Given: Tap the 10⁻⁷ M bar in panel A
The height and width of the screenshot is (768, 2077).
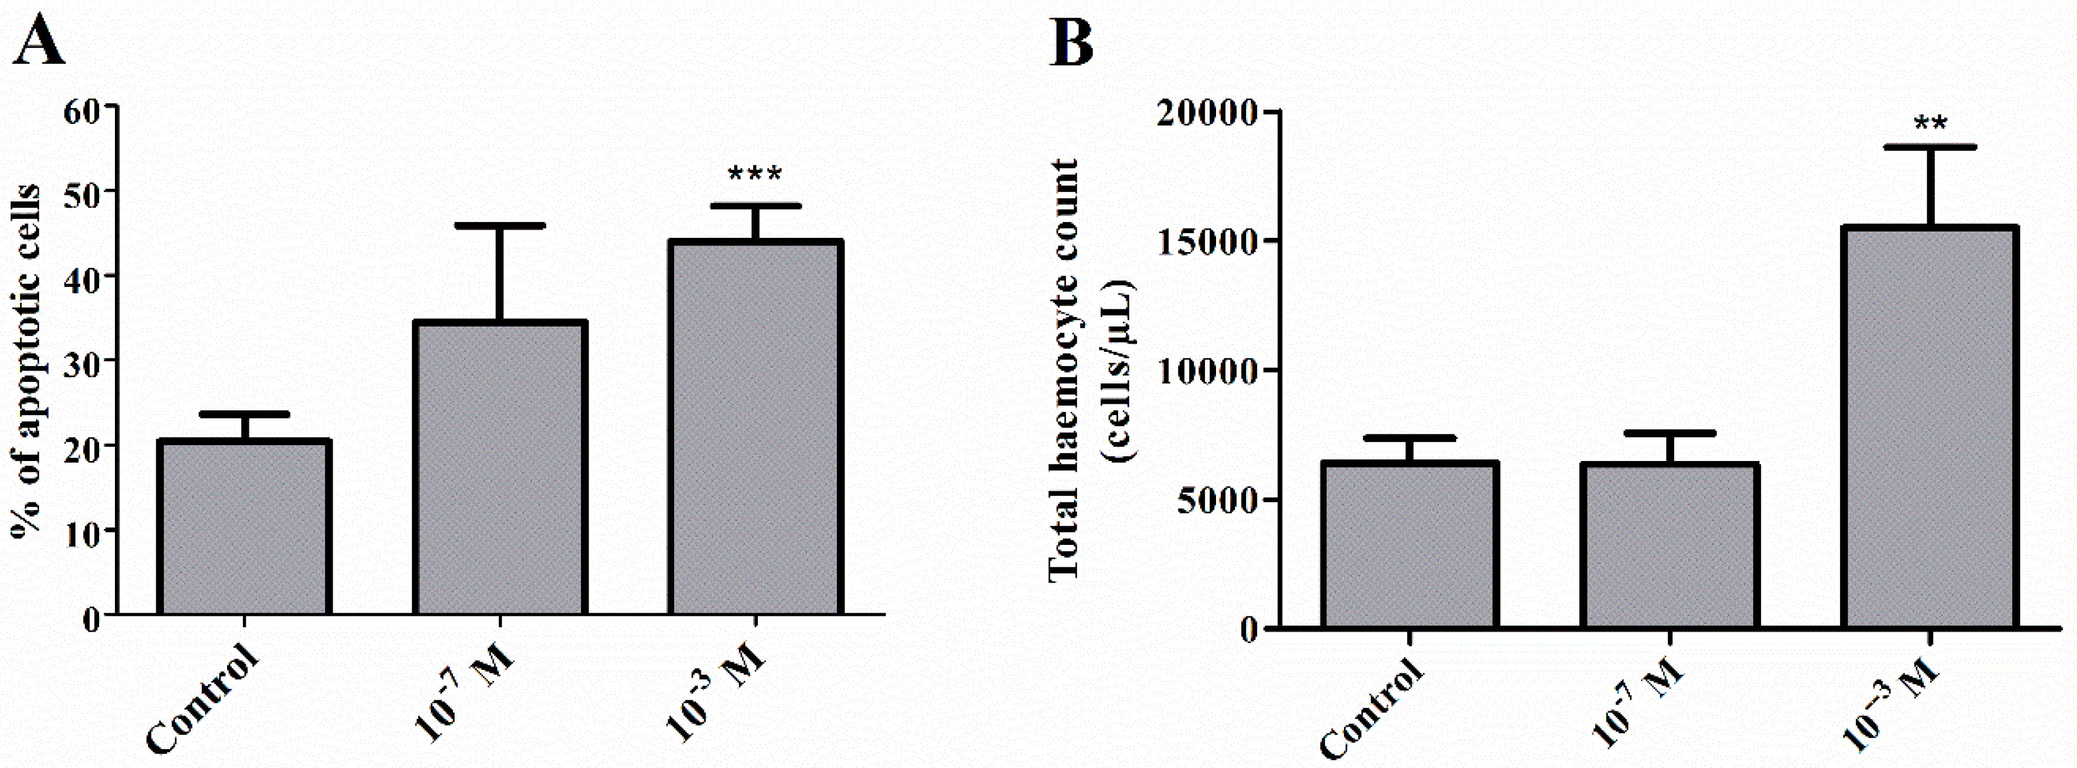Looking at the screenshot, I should click(500, 468).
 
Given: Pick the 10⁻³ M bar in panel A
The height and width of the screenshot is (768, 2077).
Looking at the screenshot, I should click(755, 427).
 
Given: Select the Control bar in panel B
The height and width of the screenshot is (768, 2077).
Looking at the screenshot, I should click(1409, 544).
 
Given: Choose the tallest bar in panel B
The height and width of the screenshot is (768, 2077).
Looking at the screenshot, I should click(1930, 427).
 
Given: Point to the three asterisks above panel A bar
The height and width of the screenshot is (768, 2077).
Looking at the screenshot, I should click(755, 174).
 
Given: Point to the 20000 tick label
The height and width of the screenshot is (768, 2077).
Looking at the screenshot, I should click(1205, 113).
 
